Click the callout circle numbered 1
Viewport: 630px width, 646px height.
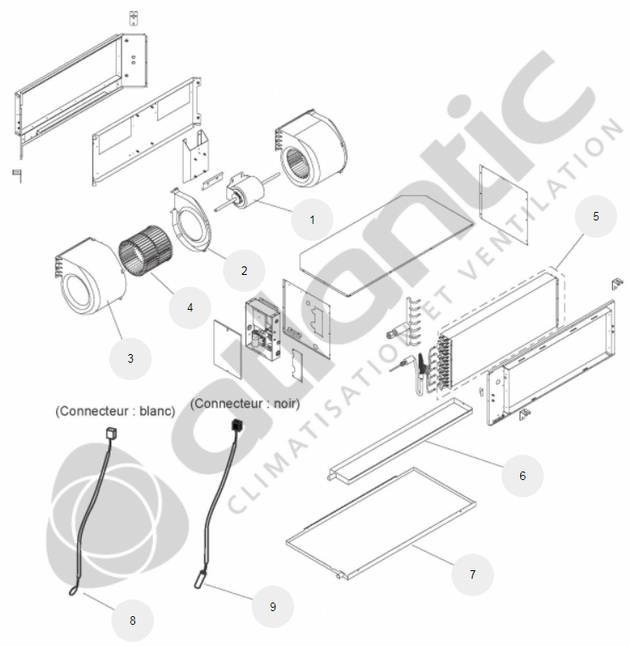[312, 220]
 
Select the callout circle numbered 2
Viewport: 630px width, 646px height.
[244, 271]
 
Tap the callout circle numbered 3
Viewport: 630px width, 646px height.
[130, 358]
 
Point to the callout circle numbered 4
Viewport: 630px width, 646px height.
[190, 307]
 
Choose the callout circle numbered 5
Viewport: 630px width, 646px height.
[596, 216]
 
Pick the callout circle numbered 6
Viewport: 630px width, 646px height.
[522, 476]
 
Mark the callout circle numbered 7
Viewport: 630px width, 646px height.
[473, 575]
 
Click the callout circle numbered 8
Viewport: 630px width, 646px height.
[133, 620]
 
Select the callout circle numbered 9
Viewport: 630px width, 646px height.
[273, 607]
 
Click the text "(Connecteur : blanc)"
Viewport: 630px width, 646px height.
[116, 411]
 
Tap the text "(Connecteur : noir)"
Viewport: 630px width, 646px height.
[245, 403]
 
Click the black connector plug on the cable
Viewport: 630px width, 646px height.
[237, 425]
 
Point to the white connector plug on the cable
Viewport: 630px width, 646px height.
[111, 433]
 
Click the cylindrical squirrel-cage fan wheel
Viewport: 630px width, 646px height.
[146, 250]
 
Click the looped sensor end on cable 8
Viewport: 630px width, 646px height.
[73, 592]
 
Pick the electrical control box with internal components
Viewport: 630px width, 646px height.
[263, 329]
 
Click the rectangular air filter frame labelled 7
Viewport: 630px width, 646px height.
[381, 523]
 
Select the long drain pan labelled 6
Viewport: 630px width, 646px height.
[400, 440]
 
